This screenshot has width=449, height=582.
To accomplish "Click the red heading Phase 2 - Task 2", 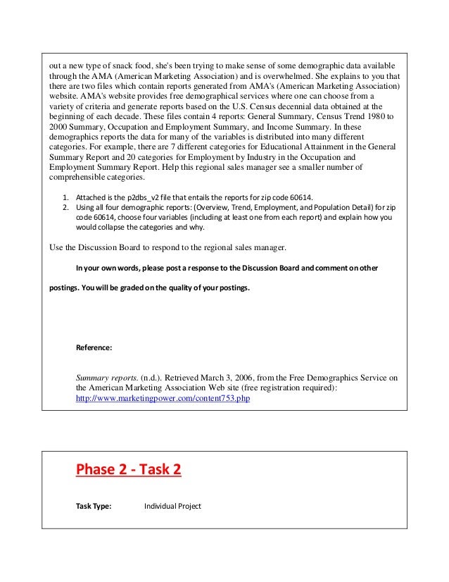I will [x=128, y=469].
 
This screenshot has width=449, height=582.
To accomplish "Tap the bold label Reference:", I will [x=94, y=347].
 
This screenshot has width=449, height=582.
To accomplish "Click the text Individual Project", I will [x=172, y=506].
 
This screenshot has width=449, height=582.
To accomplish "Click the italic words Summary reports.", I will [x=103, y=377].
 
